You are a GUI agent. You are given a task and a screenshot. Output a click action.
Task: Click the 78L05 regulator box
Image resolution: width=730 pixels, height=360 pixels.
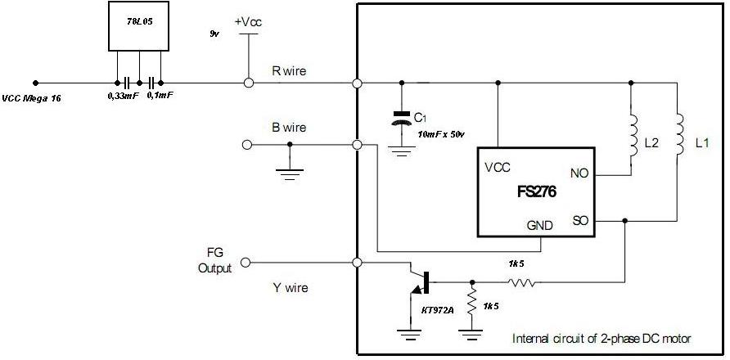click(138, 26)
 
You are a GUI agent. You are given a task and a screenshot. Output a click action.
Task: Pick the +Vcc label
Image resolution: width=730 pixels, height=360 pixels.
click(248, 22)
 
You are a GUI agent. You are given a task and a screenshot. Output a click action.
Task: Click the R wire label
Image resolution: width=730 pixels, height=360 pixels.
click(289, 71)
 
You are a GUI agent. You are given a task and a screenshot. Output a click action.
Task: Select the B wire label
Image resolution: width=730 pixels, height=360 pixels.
click(289, 128)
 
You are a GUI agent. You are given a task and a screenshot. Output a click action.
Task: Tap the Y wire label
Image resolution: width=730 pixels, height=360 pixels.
click(289, 287)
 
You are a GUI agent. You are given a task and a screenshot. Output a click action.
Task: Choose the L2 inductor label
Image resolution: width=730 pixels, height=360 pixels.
click(652, 143)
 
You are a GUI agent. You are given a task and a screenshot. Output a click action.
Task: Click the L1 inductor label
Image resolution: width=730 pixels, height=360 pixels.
click(701, 143)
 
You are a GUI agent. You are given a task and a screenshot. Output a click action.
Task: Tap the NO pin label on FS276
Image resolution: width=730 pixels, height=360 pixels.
click(577, 173)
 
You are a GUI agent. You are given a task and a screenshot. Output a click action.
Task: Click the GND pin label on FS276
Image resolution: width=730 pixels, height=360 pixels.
click(539, 225)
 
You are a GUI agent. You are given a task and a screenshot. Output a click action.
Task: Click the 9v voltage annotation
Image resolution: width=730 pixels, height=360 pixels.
click(215, 34)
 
